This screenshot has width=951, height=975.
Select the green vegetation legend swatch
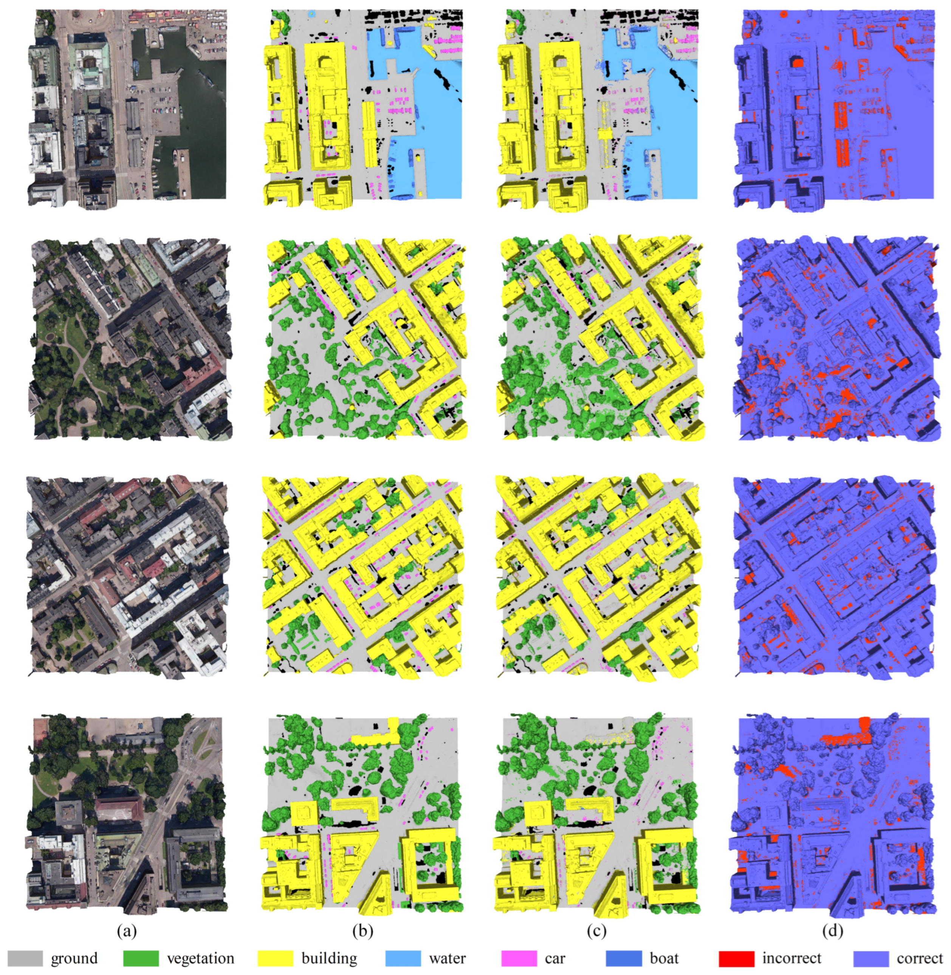point(141,958)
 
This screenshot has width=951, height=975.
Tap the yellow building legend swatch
point(276,958)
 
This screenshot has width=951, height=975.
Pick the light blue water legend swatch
point(403,958)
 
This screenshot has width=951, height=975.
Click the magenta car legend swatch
point(519,958)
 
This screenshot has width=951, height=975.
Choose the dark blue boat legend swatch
point(623,958)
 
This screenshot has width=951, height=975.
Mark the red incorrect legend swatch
point(736,958)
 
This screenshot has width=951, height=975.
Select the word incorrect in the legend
point(791,958)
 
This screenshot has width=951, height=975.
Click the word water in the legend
point(447,958)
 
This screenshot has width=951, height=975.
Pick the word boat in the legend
point(664,958)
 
